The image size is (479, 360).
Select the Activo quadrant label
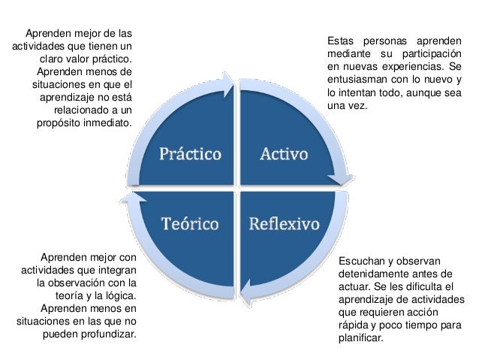click(283, 155)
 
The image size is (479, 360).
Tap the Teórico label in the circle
click(191, 224)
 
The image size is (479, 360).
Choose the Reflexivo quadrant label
click(285, 224)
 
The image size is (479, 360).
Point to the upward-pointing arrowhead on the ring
click(133, 198)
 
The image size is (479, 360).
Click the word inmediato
click(107, 123)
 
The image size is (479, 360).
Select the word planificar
click(361, 338)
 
